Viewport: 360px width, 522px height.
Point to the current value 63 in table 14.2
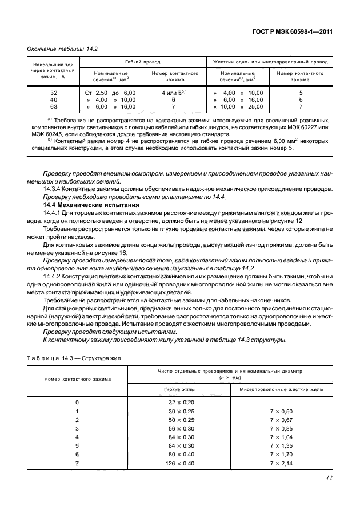click(x=54, y=106)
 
